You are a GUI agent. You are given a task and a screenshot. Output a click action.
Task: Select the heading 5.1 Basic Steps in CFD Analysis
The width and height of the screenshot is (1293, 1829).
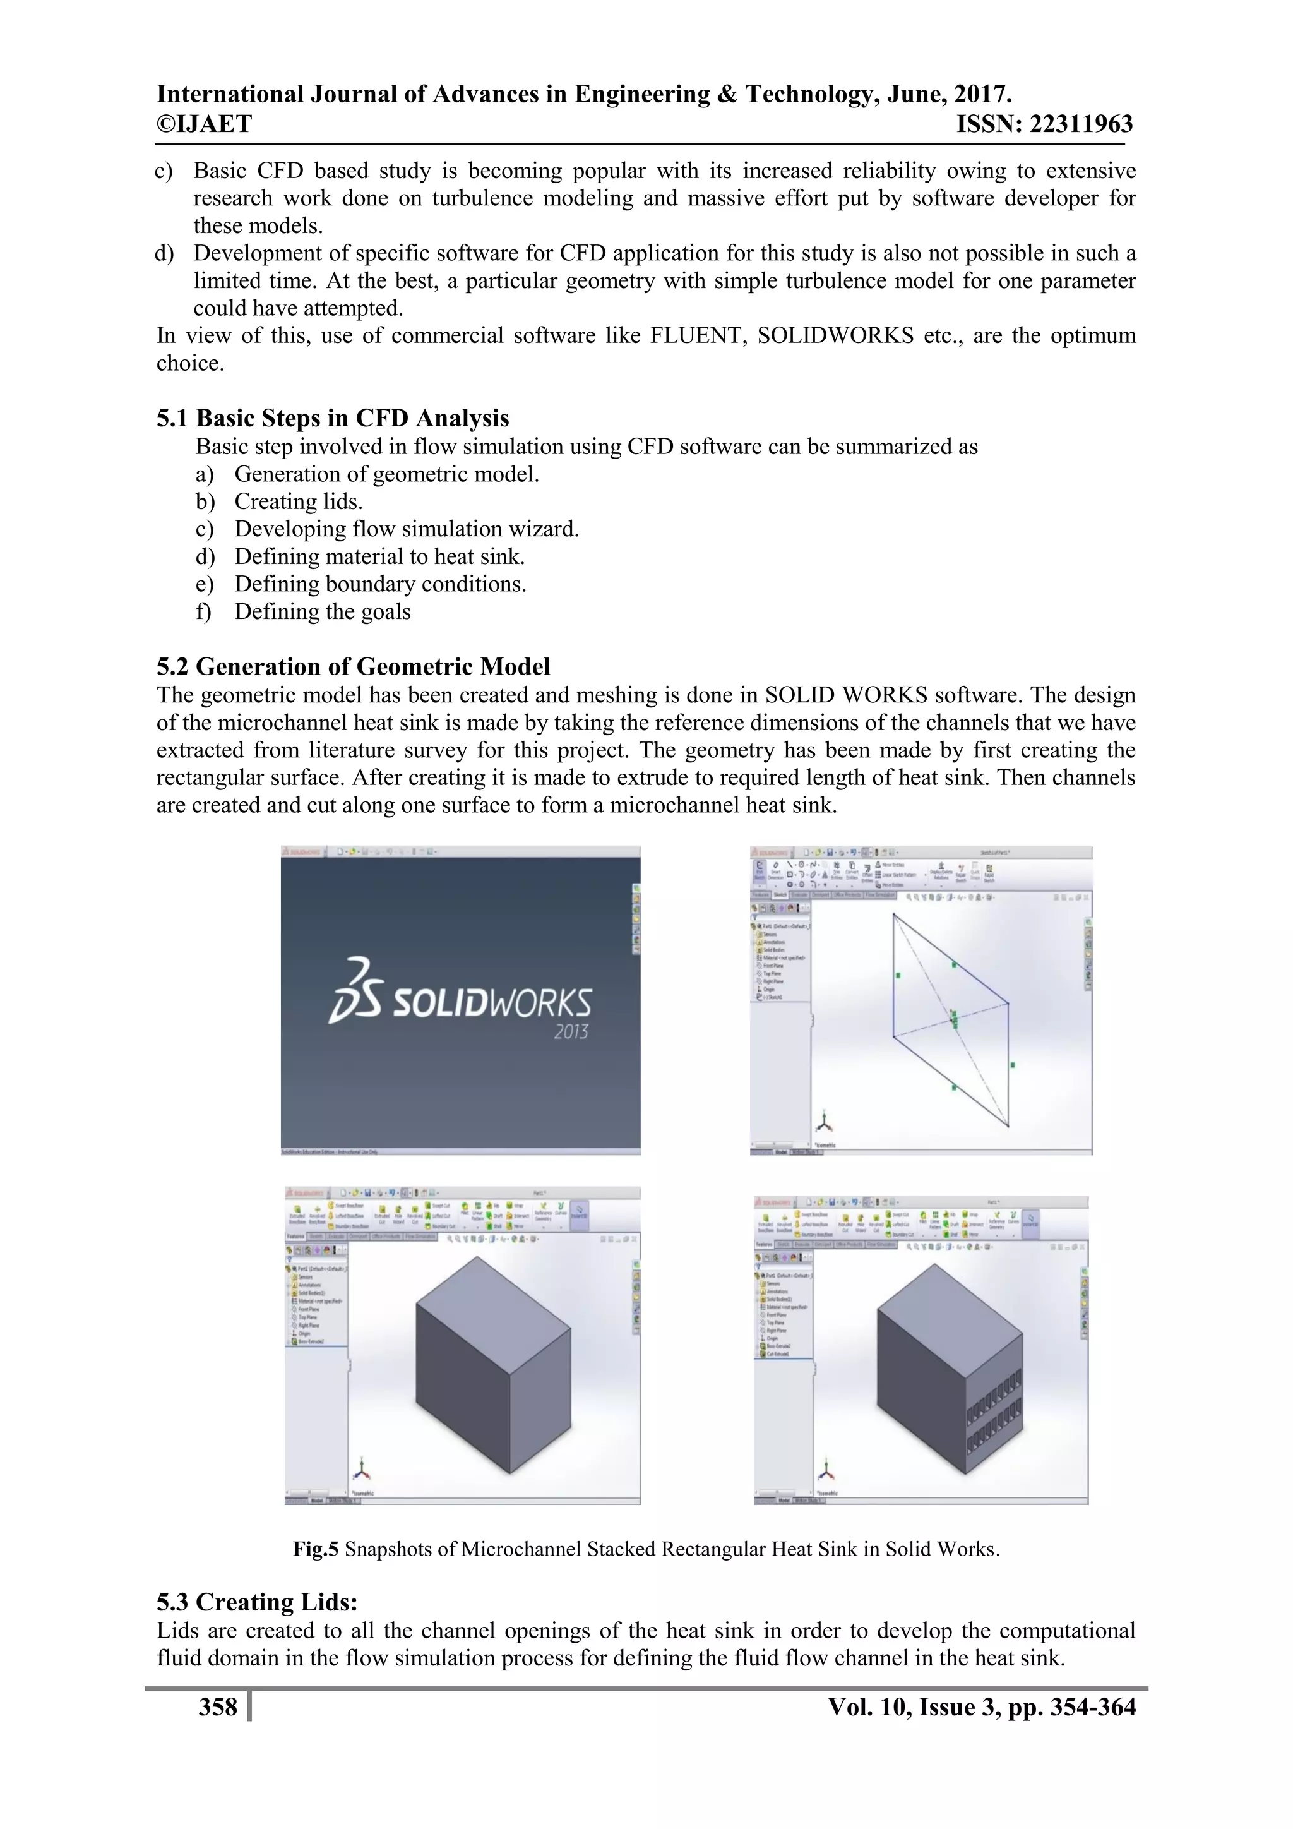coord(332,418)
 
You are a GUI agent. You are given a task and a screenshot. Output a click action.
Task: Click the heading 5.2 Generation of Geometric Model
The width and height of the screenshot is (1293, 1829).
coord(353,667)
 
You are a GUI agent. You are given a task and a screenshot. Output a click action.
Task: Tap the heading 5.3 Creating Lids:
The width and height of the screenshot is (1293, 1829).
coord(257,1602)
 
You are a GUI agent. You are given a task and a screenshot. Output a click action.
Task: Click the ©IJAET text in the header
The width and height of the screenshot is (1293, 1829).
coord(204,124)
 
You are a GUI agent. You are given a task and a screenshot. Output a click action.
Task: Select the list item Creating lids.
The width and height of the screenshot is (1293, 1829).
coord(298,502)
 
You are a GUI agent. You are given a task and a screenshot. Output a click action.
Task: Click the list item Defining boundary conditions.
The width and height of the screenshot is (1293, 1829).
coord(380,584)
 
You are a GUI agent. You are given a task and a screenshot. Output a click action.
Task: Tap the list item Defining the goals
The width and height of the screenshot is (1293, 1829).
coord(323,612)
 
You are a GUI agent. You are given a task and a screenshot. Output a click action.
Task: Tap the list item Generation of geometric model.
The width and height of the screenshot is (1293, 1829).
coord(386,475)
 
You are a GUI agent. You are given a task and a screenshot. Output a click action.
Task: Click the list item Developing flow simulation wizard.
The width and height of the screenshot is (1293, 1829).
coord(406,529)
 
